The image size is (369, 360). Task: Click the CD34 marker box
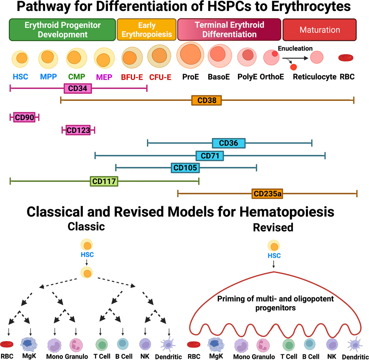tap(78, 88)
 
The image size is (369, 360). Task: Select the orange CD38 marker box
tap(206, 100)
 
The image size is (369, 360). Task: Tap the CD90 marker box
tap(24, 117)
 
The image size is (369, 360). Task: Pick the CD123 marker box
tap(78, 130)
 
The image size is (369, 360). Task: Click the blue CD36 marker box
tap(229, 143)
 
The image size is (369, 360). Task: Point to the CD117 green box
tap(104, 181)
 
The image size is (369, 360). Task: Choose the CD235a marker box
tap(267, 193)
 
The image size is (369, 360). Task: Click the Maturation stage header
tap(320, 30)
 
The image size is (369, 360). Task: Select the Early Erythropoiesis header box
tap(146, 29)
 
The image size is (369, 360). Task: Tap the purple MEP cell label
tap(104, 77)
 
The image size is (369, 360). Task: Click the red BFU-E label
tap(132, 77)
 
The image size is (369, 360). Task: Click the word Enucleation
tap(295, 48)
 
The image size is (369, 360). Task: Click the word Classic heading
tap(86, 227)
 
